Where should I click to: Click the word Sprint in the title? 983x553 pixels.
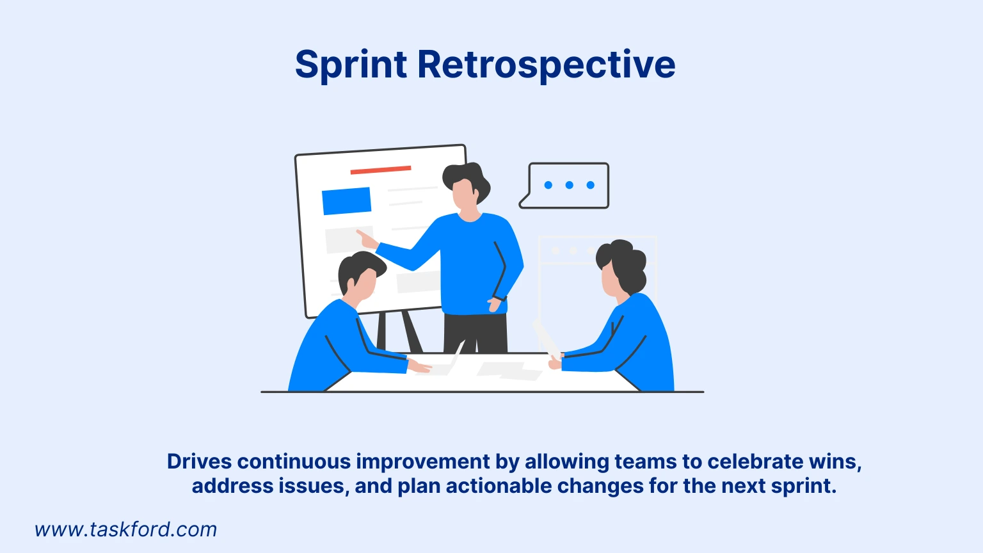point(351,65)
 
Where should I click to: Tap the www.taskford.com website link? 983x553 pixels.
point(125,529)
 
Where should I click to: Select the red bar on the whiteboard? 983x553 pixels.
point(380,170)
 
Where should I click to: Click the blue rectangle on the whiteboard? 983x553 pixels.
point(346,201)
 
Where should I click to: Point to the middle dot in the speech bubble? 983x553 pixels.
point(569,185)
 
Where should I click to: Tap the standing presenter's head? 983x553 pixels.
point(466,187)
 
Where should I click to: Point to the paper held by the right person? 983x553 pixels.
point(546,338)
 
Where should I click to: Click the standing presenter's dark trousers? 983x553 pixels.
point(475,333)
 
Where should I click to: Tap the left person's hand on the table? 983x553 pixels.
point(420,367)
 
